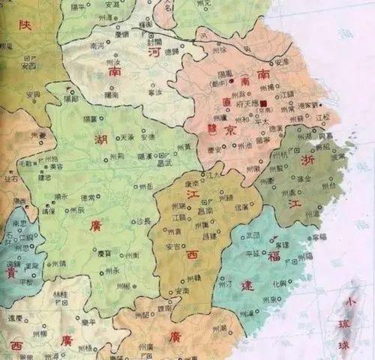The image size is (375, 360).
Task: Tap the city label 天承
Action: point(126,138)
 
